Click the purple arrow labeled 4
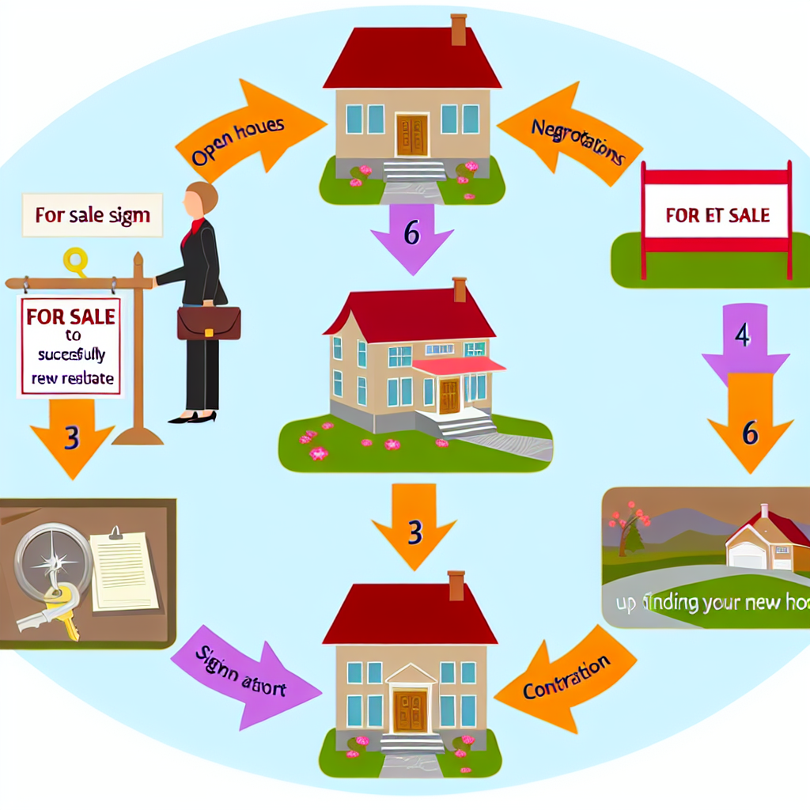(744, 340)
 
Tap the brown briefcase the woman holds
(208, 323)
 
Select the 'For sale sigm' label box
(93, 215)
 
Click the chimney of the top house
(458, 29)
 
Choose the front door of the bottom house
(411, 710)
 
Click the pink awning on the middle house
(458, 365)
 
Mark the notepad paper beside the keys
(123, 570)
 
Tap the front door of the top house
(411, 135)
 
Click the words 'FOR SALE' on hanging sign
(70, 316)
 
